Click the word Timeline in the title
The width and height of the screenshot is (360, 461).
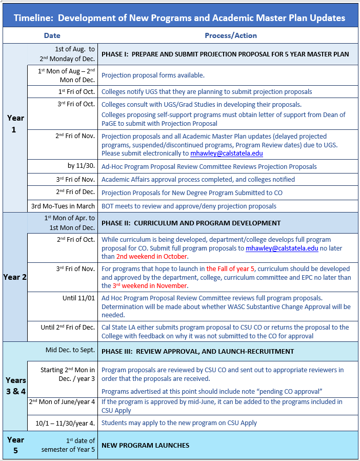[x=34, y=18]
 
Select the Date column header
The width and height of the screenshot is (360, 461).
[x=52, y=35]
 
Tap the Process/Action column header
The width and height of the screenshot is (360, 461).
[x=230, y=35]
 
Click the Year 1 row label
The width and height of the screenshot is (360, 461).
[x=15, y=124]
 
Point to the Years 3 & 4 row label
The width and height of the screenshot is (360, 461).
[x=15, y=386]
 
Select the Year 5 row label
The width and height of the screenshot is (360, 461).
[x=15, y=445]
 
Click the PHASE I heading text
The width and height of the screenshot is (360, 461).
[x=225, y=54]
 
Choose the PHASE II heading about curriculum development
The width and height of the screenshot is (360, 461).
[x=191, y=223]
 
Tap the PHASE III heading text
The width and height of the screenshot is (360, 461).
[x=197, y=352]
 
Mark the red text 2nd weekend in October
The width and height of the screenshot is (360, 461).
[x=152, y=256]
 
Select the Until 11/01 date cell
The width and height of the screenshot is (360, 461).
[x=78, y=298]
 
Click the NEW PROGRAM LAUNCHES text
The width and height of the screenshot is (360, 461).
[x=145, y=445]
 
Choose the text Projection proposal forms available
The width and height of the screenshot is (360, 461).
[x=153, y=75]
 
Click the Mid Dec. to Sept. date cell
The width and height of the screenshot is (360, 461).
[x=70, y=350]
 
